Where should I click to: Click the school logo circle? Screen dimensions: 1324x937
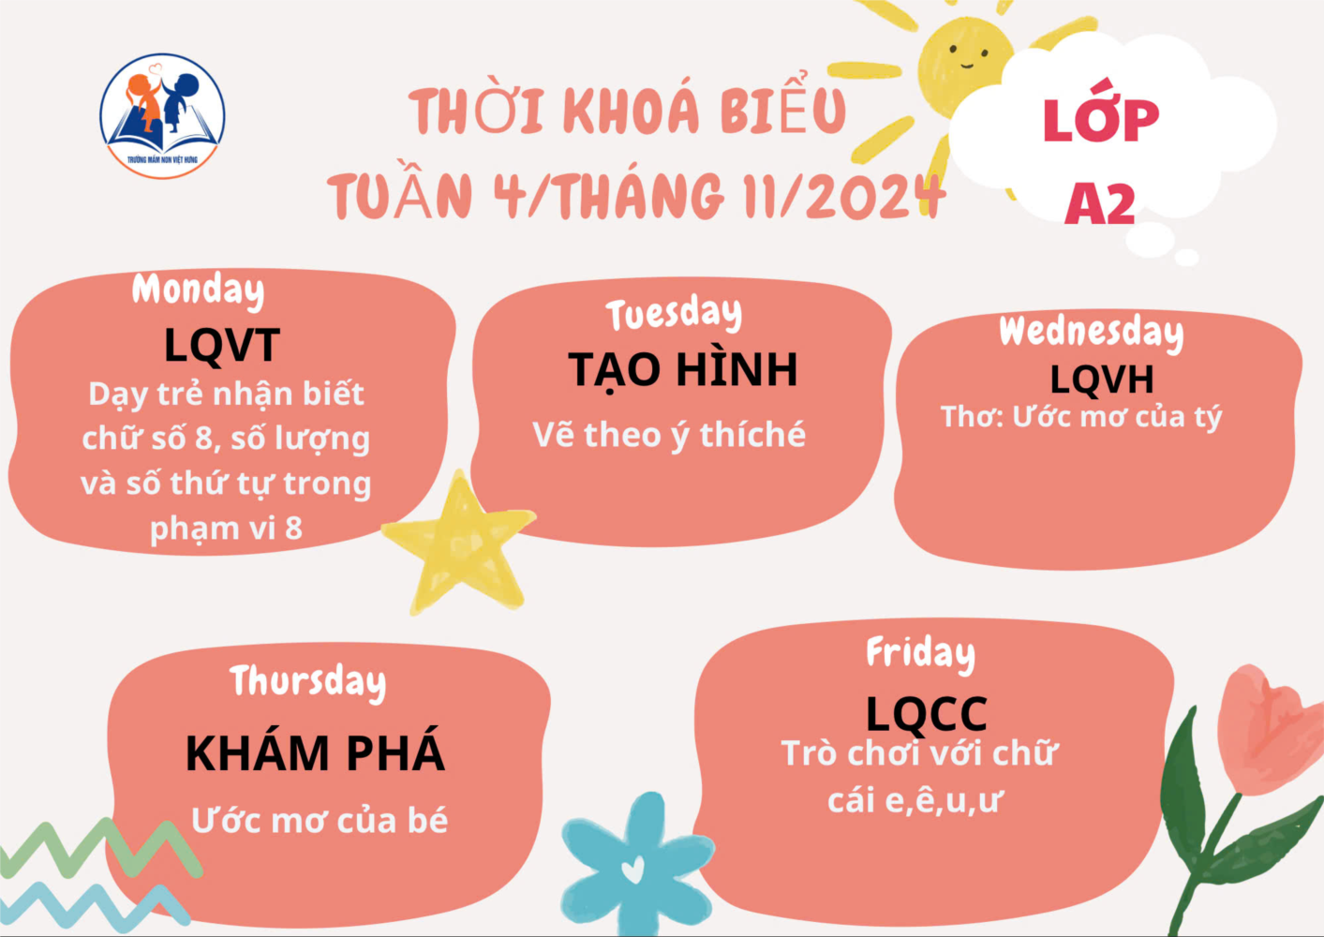coord(162,116)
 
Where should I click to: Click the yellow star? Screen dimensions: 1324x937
coord(459,542)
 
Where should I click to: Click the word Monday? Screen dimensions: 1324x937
coord(198,290)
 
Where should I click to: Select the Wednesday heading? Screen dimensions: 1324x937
coord(1092,333)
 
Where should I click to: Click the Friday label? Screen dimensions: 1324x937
coord(920,654)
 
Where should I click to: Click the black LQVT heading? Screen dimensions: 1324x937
coord(222,345)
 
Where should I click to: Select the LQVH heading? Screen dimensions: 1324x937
coord(1102,379)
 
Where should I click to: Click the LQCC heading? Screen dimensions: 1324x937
coord(926,714)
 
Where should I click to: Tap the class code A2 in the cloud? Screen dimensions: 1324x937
coord(1100,204)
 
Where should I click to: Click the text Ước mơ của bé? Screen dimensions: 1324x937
coord(320,821)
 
